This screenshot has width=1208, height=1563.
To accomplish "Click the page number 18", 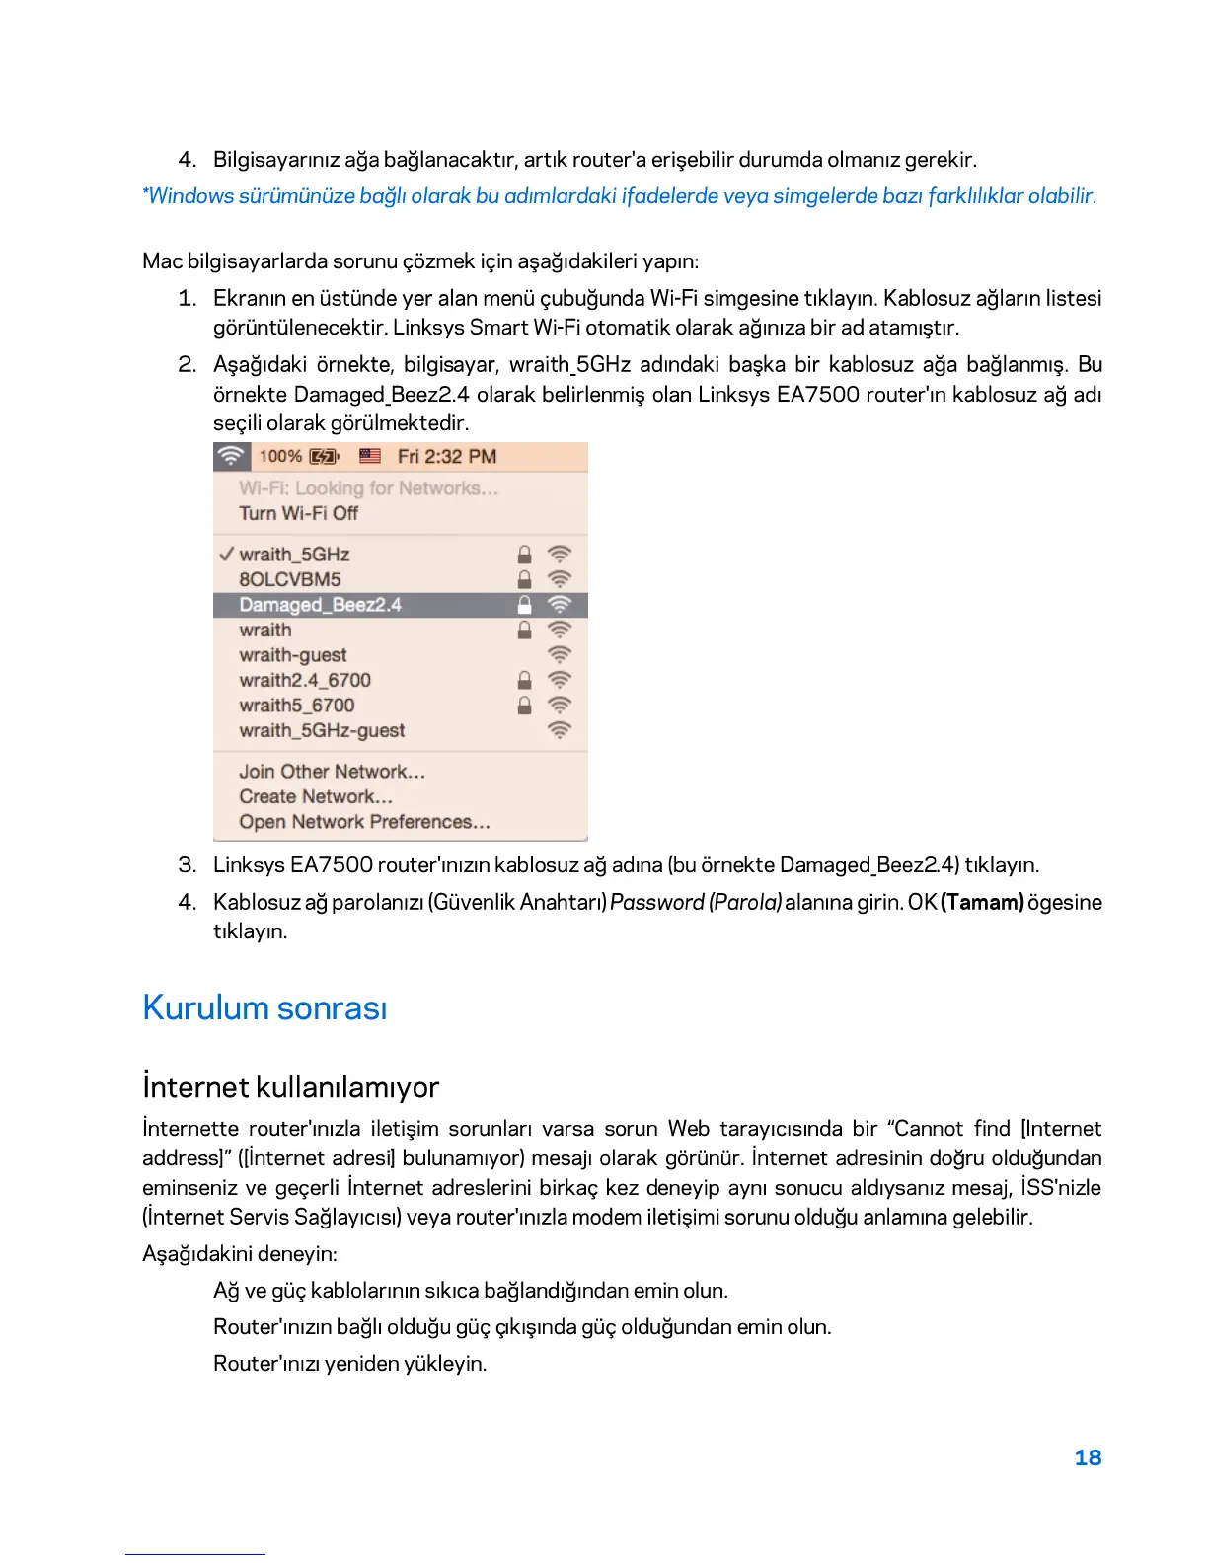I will [x=1087, y=1457].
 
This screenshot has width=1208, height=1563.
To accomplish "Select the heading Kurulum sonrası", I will [x=264, y=1007].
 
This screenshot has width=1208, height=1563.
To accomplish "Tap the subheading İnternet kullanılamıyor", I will [x=290, y=1087].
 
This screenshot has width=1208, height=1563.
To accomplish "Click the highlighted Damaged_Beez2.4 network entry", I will [x=320, y=605].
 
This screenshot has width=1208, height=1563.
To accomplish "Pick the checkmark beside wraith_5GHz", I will [x=227, y=555].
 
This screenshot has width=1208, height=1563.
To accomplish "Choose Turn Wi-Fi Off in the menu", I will [x=298, y=513].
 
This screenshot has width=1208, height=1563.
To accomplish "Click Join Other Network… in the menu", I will [x=332, y=772].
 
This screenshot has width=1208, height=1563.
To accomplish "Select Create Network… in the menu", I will [x=316, y=796].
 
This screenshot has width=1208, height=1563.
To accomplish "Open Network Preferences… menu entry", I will [x=364, y=822].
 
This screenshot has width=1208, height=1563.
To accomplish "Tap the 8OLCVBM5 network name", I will [x=289, y=579].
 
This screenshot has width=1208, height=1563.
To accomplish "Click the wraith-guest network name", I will [x=293, y=655].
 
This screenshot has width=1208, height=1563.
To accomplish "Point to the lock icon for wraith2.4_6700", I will [x=525, y=680].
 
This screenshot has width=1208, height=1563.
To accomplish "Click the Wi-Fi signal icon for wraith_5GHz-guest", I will [x=560, y=730].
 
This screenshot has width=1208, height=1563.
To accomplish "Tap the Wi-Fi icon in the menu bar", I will [x=231, y=456].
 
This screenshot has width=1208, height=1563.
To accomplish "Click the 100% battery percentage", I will [x=280, y=456].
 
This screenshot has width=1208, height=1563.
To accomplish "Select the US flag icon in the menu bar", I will [x=370, y=456].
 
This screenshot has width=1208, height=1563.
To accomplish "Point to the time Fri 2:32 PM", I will [x=446, y=456].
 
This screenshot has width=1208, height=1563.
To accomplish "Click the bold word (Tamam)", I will [x=982, y=902].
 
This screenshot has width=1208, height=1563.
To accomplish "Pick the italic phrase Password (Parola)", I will [x=696, y=902].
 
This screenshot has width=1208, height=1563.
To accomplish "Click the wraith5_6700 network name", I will [x=296, y=706].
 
